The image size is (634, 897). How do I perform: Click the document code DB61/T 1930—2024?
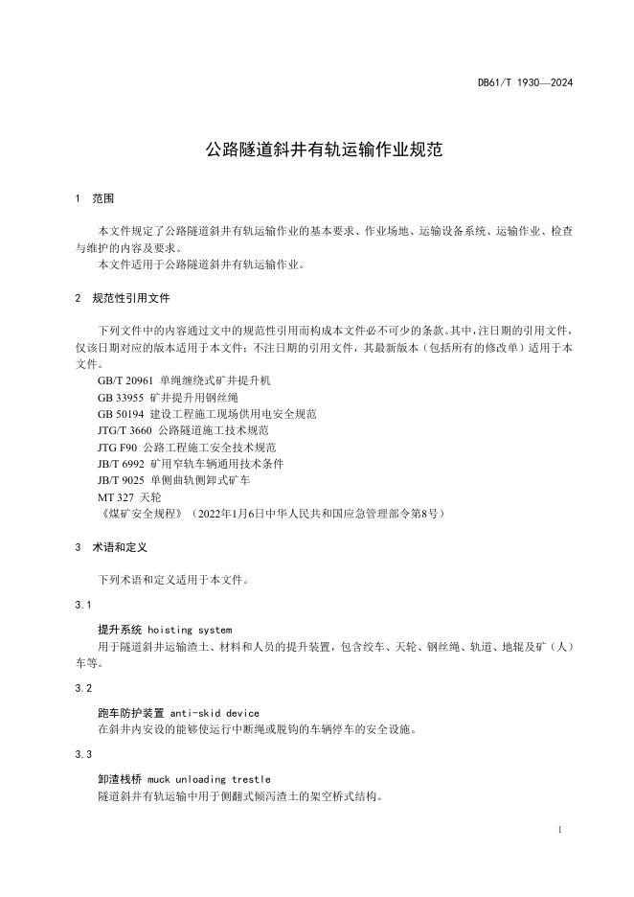(x=525, y=83)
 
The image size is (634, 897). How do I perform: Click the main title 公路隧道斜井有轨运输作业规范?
(x=316, y=150)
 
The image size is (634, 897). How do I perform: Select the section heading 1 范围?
(x=94, y=199)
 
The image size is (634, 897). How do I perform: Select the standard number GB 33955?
(x=120, y=397)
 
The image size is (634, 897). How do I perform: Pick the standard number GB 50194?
(x=120, y=414)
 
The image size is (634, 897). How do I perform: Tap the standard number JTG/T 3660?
(x=124, y=430)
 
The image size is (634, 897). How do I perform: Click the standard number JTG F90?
(x=118, y=448)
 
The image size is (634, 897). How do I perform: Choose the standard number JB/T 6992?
(x=121, y=464)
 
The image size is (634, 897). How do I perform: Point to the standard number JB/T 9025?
(x=121, y=480)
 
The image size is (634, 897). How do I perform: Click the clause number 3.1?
(x=82, y=605)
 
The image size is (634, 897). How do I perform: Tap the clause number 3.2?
(x=82, y=688)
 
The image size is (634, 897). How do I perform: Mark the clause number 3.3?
(x=82, y=755)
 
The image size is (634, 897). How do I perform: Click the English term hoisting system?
(x=190, y=630)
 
